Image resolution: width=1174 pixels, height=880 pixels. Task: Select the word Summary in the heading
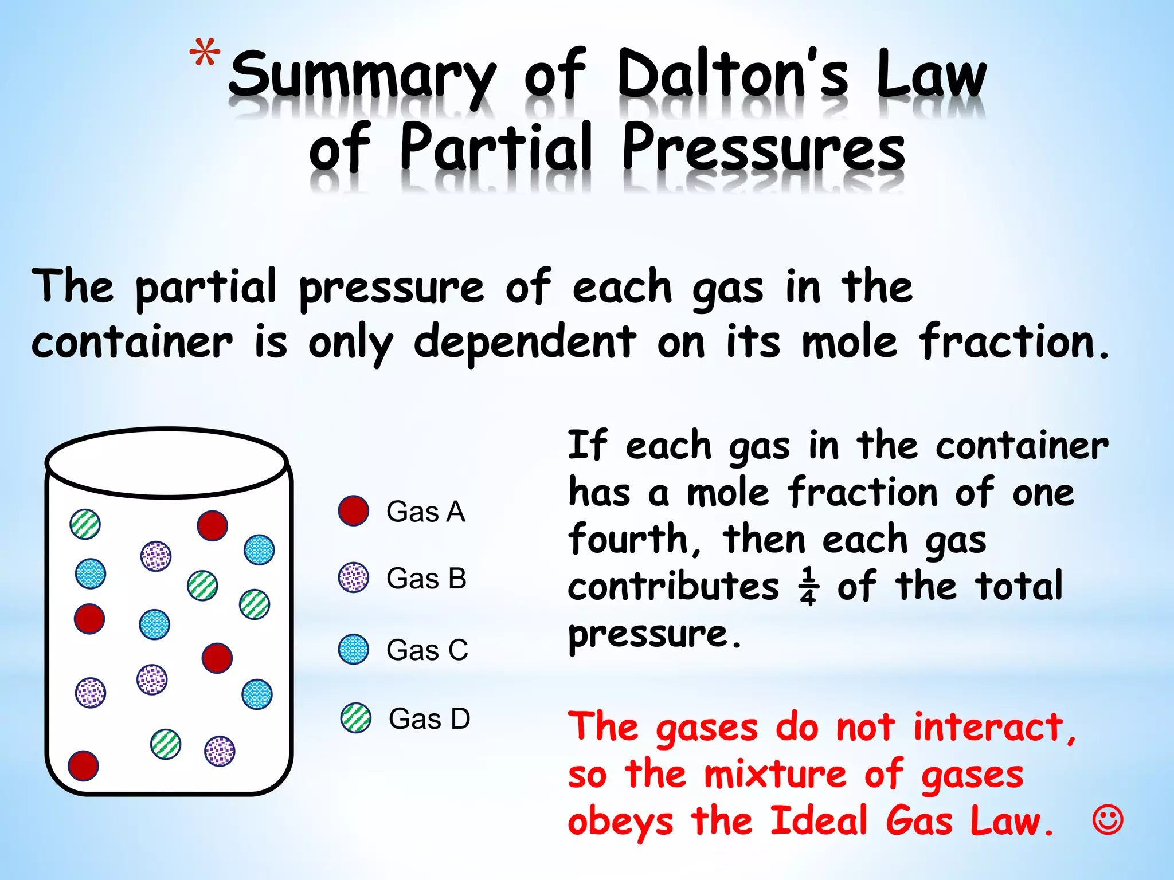click(x=362, y=77)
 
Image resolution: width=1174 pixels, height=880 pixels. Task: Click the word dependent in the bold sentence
click(x=525, y=343)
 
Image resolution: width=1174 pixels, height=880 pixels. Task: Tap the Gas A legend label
click(x=425, y=512)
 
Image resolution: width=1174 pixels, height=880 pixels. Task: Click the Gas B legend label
click(x=426, y=578)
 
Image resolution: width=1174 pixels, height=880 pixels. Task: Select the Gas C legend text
click(x=427, y=650)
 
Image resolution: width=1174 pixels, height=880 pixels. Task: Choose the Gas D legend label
click(x=429, y=718)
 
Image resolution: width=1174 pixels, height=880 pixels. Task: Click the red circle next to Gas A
click(x=353, y=511)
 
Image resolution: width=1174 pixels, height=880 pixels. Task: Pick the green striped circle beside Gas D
click(x=356, y=718)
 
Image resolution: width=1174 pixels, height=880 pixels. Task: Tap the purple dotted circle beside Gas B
click(x=353, y=577)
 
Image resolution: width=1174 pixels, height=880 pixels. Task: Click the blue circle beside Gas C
click(x=353, y=649)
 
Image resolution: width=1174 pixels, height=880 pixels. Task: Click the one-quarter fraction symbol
click(x=808, y=587)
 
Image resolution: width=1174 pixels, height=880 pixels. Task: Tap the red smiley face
click(x=1108, y=820)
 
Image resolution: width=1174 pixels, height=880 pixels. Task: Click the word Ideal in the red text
click(x=819, y=820)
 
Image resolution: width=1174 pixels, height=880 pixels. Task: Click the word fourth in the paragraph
click(x=628, y=540)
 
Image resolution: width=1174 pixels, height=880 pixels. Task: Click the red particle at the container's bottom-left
click(x=83, y=765)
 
